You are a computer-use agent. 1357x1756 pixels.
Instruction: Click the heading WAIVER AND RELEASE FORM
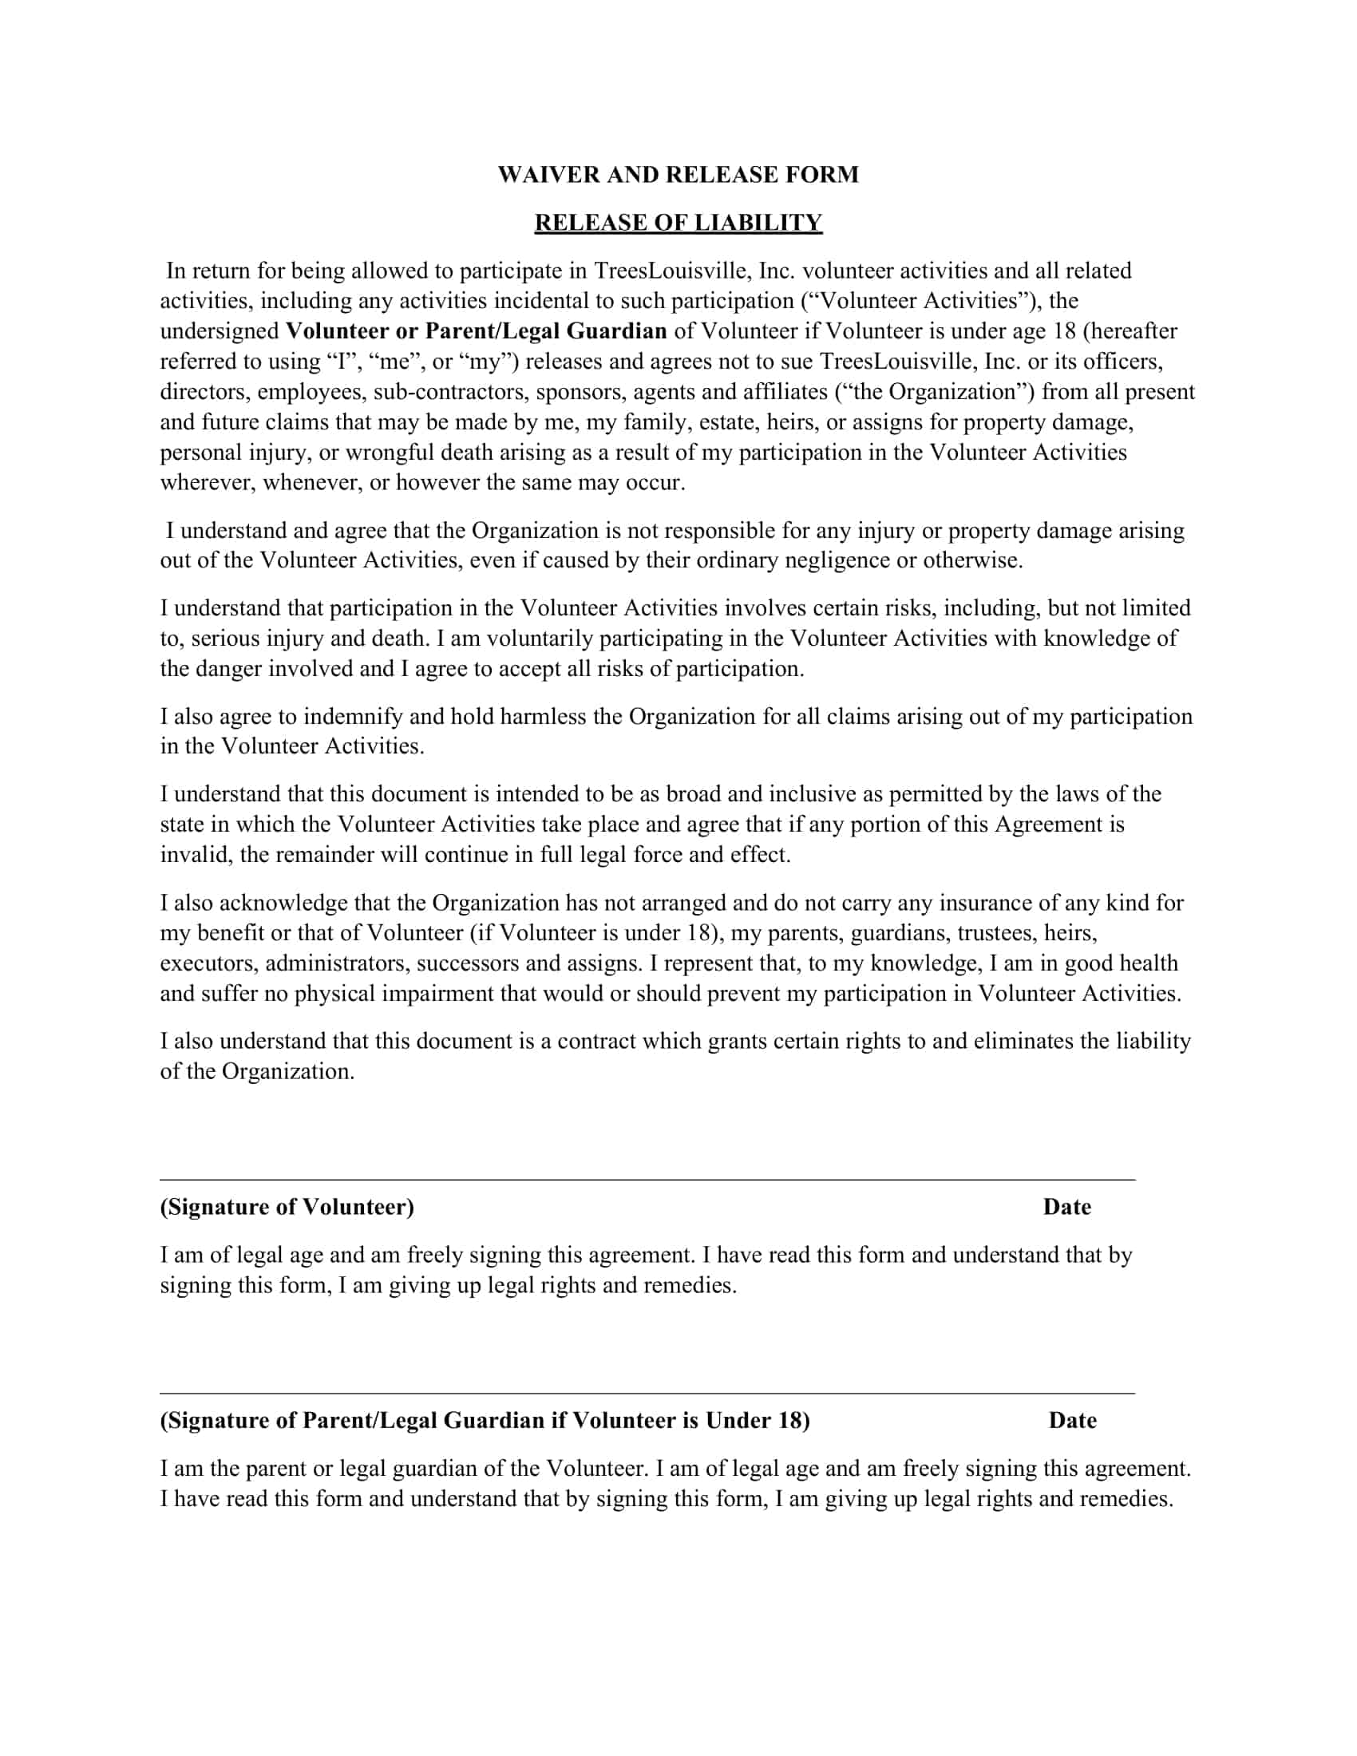[678, 175]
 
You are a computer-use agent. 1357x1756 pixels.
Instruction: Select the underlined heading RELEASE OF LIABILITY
[678, 223]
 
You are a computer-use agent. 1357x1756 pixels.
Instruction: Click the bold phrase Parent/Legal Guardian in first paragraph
[546, 331]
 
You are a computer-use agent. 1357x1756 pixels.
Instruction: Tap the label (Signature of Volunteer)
[287, 1207]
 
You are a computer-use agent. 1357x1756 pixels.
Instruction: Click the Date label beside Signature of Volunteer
[1066, 1207]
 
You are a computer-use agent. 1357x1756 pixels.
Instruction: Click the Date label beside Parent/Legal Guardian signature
[1072, 1421]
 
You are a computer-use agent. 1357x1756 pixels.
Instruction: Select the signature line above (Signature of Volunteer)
[647, 1180]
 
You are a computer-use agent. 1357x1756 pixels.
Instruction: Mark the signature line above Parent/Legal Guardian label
[647, 1394]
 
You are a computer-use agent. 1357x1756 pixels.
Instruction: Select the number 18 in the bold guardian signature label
[789, 1421]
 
